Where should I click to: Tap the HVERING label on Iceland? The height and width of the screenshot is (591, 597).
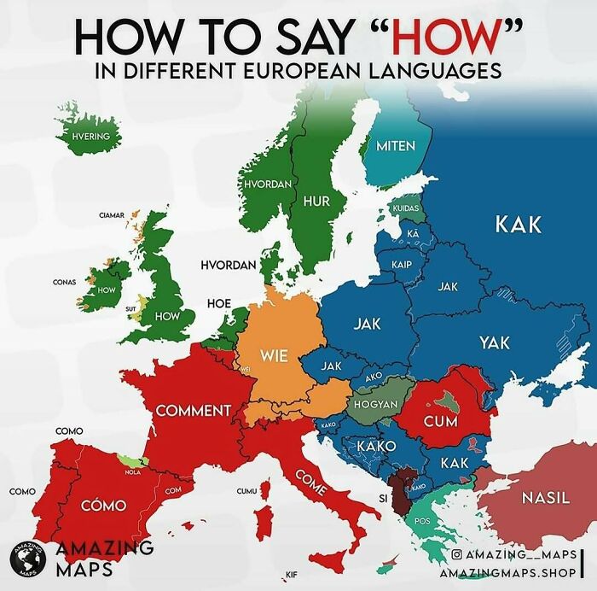pos(91,136)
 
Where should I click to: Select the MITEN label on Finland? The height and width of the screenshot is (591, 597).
pos(396,145)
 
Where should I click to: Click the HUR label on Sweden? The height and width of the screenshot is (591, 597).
pos(317,201)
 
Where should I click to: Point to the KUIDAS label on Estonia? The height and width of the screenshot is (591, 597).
pos(406,208)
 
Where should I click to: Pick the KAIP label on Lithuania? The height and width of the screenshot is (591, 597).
pos(402,265)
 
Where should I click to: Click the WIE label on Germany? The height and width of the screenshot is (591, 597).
pos(274,354)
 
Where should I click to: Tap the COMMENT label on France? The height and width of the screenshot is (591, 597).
pos(194,411)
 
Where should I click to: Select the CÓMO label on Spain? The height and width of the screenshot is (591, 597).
pos(103,506)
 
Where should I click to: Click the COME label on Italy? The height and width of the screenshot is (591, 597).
pos(311,483)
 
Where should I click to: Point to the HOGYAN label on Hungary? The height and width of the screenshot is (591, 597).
pos(375,403)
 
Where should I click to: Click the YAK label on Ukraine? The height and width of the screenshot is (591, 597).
pos(494,342)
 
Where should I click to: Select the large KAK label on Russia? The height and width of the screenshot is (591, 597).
pos(518,225)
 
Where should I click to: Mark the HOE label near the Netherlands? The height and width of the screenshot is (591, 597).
pos(219,303)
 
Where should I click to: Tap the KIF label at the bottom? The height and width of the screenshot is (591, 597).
pos(291,575)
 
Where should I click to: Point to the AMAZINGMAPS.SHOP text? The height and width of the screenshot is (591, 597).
pos(506,573)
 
